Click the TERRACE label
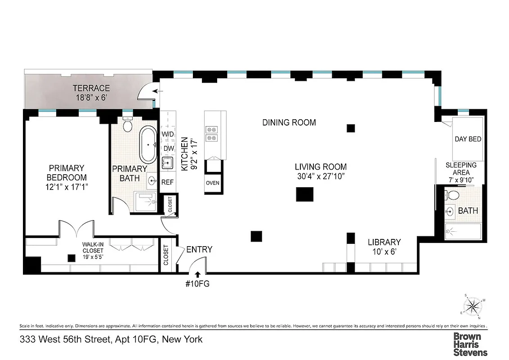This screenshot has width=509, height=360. pyautogui.click(x=91, y=88)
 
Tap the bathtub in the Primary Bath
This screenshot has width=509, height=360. pyautogui.click(x=147, y=145)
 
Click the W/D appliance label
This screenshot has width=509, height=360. pyautogui.click(x=168, y=134)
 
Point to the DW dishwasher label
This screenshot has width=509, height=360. pyautogui.click(x=168, y=148)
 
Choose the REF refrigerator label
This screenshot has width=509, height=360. pyautogui.click(x=167, y=182)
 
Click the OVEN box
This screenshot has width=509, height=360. pyautogui.click(x=213, y=183)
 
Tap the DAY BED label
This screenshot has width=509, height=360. pyautogui.click(x=468, y=139)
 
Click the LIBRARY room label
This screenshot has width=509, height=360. pyautogui.click(x=384, y=242)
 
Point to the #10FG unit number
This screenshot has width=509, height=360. pyautogui.click(x=198, y=284)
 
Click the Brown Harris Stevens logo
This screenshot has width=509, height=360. pyautogui.click(x=470, y=344)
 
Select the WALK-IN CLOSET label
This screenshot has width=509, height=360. pyautogui.click(x=92, y=247)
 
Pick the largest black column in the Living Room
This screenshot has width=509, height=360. pyautogui.click(x=304, y=194)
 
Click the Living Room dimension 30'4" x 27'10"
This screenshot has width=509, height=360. pyautogui.click(x=321, y=176)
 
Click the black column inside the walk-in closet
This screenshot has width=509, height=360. pyautogui.click(x=71, y=258)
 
